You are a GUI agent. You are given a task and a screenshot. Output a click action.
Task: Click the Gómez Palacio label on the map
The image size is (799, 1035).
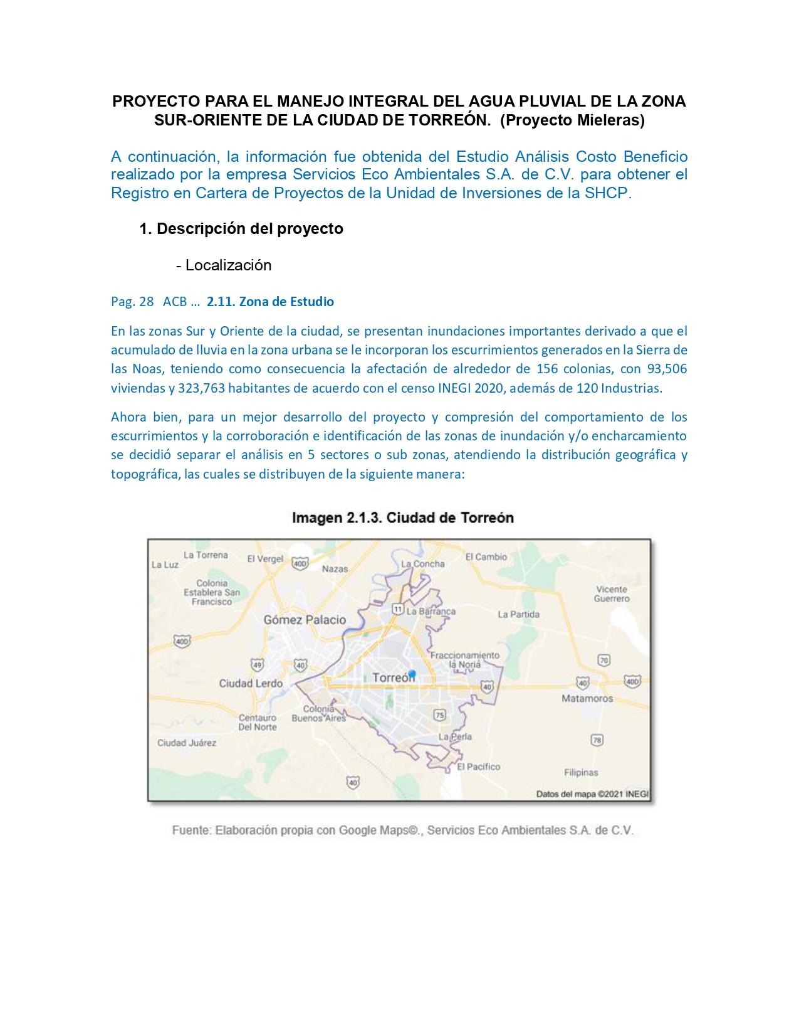305,620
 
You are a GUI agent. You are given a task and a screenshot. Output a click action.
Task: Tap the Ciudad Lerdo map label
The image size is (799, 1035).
251,683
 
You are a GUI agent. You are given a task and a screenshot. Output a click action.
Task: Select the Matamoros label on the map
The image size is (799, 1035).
587,698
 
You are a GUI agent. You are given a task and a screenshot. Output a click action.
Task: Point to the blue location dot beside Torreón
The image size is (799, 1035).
412,674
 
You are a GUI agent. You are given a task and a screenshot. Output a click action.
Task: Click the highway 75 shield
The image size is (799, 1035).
439,715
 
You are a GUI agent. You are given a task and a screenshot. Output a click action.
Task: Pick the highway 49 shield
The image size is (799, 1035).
257,665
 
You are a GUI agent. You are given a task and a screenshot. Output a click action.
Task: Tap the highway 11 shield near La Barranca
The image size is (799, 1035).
397,608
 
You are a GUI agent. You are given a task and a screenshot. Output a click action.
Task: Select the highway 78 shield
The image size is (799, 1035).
597,740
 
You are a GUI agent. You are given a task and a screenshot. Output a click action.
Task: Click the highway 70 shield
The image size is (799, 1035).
603,660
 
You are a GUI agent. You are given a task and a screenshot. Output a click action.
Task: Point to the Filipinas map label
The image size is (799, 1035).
581,772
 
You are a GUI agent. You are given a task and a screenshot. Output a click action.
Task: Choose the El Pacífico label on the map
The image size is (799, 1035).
478,767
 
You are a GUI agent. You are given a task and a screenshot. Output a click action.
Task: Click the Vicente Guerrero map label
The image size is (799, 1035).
612,594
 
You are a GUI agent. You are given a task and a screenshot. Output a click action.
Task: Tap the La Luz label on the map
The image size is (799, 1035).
165,565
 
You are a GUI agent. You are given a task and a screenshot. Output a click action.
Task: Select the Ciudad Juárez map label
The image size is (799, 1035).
187,743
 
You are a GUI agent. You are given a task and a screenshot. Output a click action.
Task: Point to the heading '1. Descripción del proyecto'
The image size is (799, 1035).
241,228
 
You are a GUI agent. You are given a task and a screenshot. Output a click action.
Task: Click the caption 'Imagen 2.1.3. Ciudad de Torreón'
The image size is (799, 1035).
402,517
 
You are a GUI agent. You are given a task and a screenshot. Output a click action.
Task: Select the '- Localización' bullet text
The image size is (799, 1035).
224,265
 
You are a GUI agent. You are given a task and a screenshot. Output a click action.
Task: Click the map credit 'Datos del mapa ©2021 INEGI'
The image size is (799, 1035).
592,794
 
